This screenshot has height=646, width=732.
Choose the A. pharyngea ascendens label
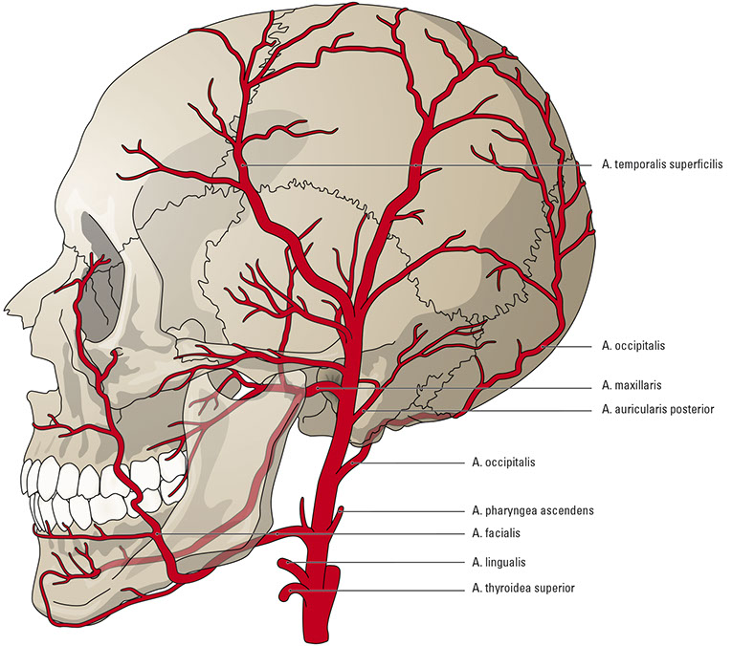pos(533,510)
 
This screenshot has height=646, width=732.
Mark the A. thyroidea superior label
pos(523,589)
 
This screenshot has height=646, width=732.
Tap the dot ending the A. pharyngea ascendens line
pos(341,512)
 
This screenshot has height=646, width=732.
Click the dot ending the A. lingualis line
pos(287,563)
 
